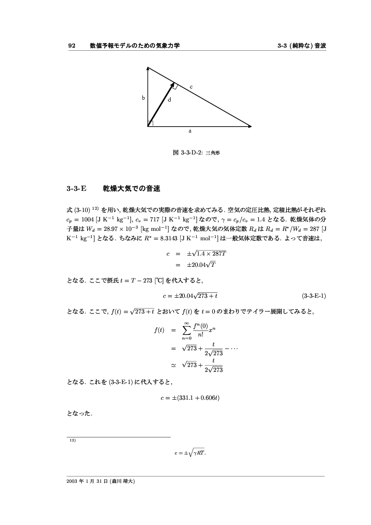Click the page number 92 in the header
pyautogui.click(x=71, y=46)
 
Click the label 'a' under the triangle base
pyautogui.click(x=190, y=132)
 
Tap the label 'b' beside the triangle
pyautogui.click(x=143, y=97)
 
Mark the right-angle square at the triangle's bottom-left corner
pyautogui.click(x=150, y=124)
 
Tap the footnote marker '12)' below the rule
pyautogui.click(x=71, y=441)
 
